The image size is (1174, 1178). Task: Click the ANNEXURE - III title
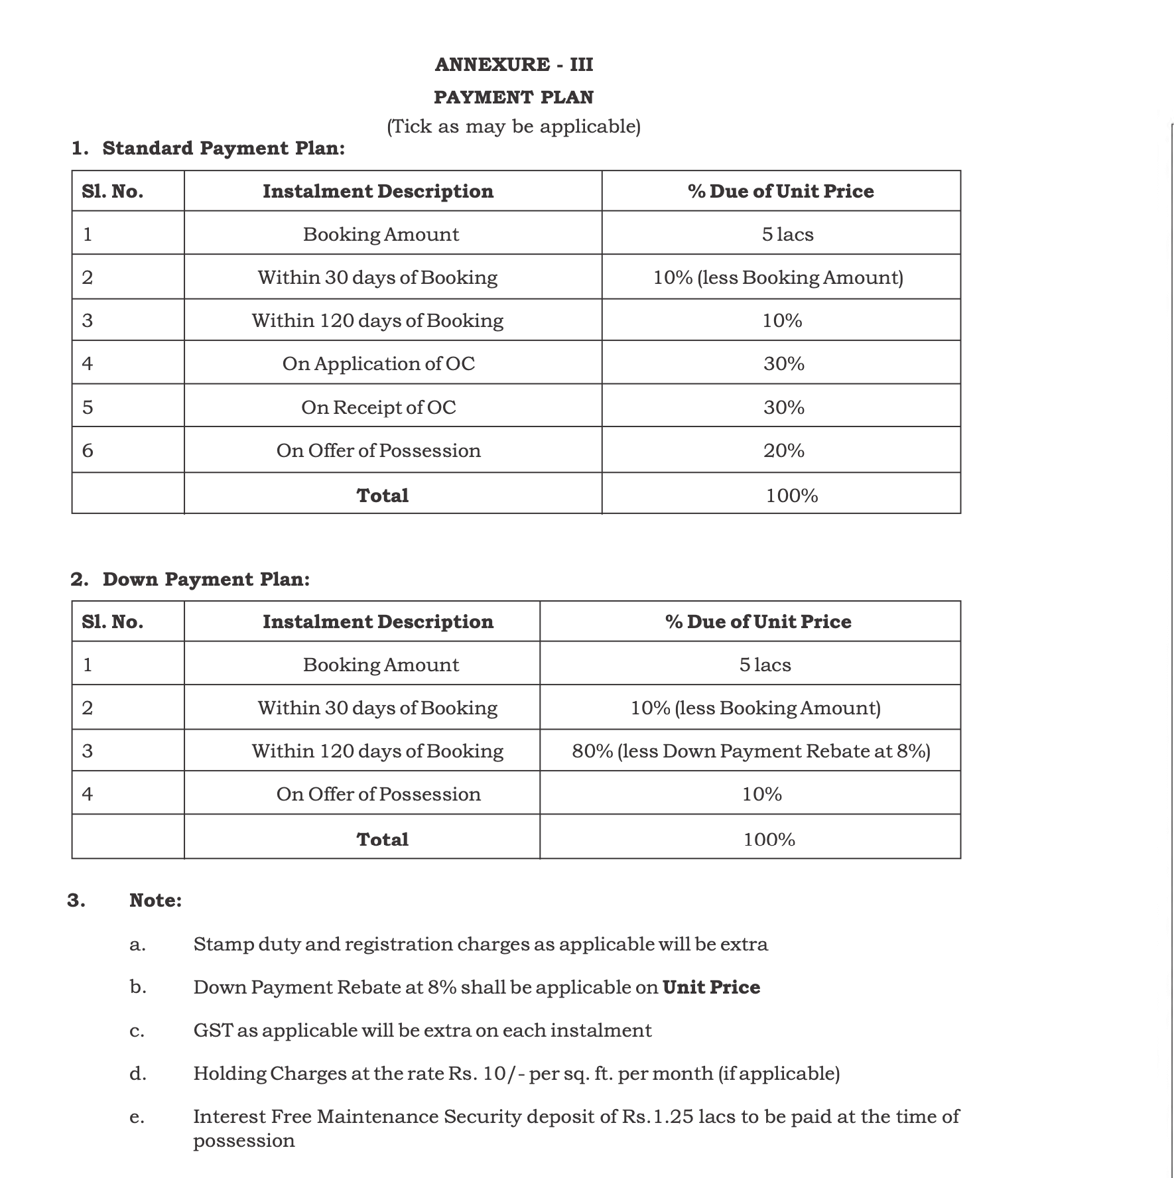514,64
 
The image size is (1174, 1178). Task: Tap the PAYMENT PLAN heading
514,97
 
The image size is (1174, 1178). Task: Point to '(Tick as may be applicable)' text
514,126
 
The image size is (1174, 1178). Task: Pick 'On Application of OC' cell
379,363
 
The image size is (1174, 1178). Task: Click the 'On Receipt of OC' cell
379,407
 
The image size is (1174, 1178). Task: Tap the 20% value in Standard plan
783,450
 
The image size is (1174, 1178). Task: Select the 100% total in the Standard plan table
792,495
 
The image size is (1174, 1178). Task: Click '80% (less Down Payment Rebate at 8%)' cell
751,751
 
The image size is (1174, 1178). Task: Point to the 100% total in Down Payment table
769,839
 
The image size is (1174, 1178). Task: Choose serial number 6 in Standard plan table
88,451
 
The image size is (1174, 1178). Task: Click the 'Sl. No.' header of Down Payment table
113,622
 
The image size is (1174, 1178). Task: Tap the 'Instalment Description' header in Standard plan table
378,191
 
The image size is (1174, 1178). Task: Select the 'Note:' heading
155,900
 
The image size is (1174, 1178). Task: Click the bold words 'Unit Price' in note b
711,987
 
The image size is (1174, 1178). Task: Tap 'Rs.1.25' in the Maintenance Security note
658,1116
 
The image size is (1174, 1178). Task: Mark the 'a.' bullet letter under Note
137,945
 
